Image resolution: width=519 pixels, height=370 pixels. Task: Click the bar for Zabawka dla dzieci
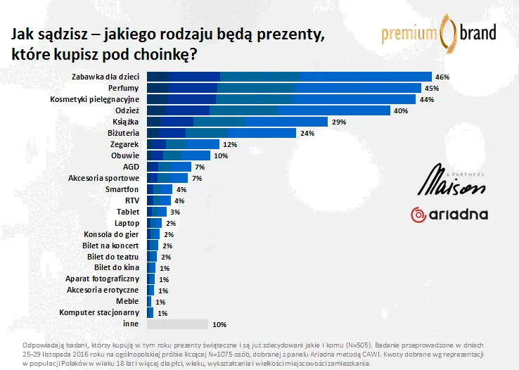288,77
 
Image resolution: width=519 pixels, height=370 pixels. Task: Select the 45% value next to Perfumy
431,88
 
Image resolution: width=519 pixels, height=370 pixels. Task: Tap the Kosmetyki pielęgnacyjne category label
97,99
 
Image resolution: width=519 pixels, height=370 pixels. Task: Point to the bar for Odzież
268,110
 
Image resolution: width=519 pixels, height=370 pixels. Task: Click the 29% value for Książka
339,122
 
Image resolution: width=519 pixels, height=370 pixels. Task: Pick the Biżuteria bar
221,133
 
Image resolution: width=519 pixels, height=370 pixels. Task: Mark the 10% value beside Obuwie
221,155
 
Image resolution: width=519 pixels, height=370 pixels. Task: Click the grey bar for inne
177,324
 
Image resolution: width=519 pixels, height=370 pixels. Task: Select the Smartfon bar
159,189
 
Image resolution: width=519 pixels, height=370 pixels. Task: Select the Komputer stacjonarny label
100,312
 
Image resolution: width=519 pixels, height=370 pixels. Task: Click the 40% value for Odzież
401,110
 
